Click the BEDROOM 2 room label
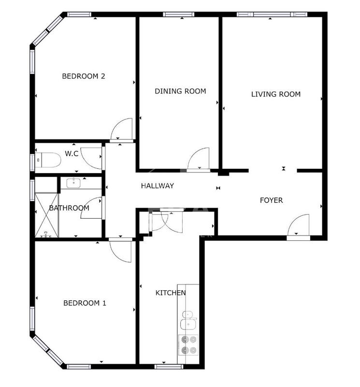(x=84, y=76)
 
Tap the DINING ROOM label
(x=180, y=91)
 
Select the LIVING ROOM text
(x=275, y=94)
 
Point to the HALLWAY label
(x=157, y=186)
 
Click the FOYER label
(x=271, y=200)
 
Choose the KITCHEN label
(x=170, y=293)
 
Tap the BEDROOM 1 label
(x=85, y=303)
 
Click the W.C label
(x=72, y=154)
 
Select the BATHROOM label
(x=69, y=208)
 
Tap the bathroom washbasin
(x=74, y=182)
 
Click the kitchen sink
(x=187, y=320)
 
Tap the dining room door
(x=198, y=160)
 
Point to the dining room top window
(x=178, y=14)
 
